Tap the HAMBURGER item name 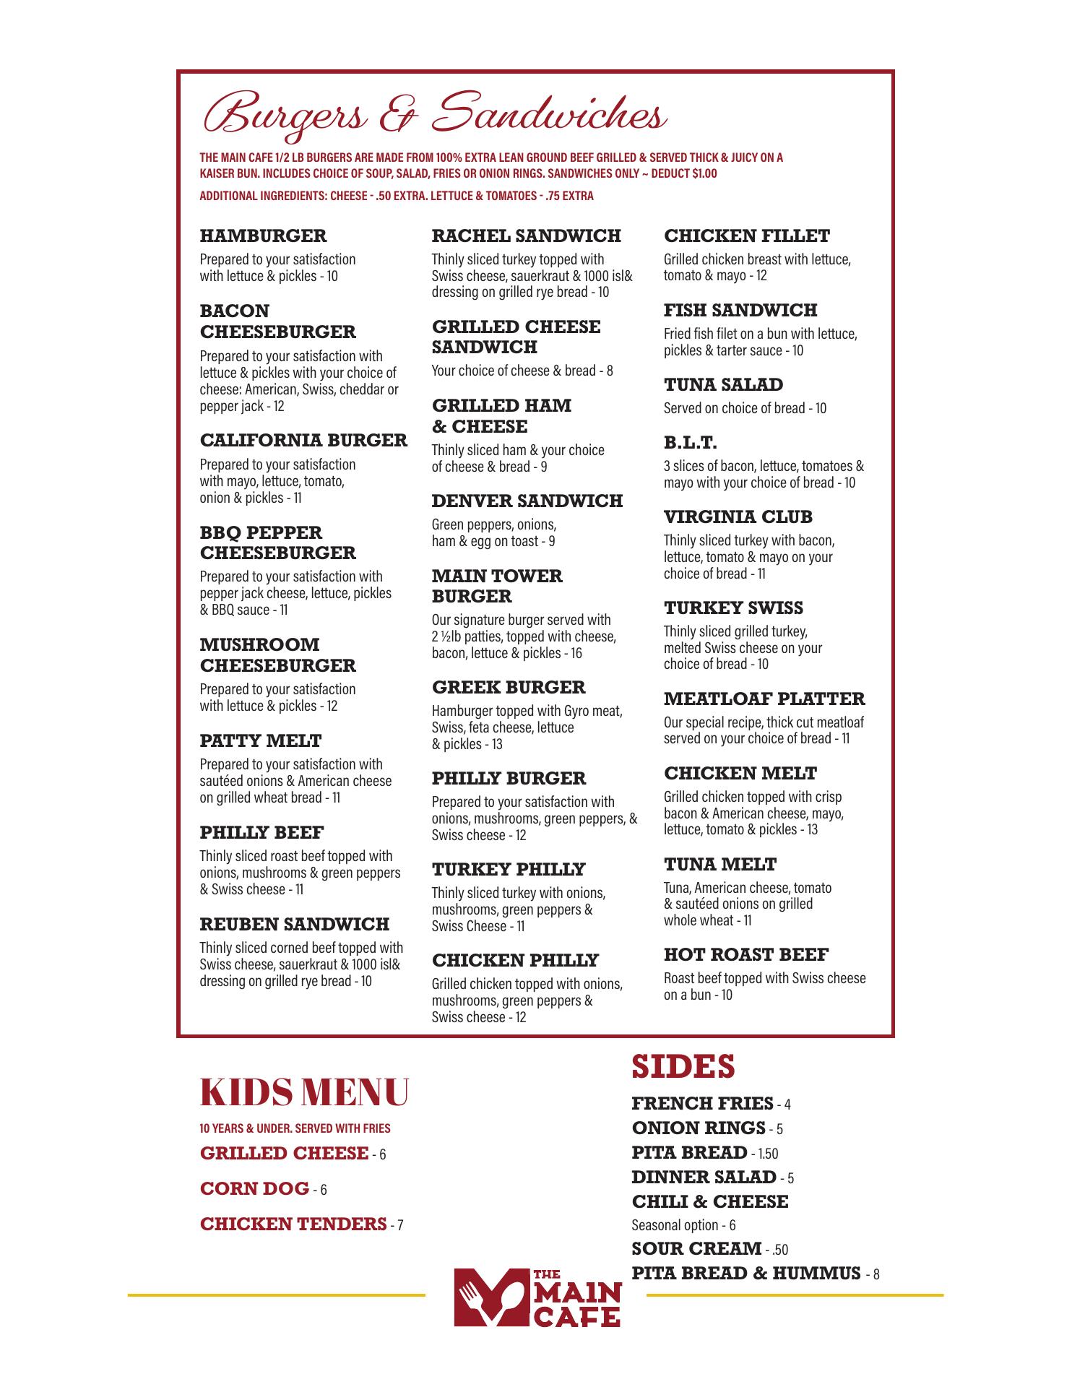pos(263,236)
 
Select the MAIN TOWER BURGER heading pos(496,586)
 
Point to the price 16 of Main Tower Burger pos(576,653)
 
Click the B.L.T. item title pos(690,442)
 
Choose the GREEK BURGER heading pos(509,687)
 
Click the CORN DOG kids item pos(254,1188)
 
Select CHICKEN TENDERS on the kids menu pos(293,1224)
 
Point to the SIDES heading pos(683,1066)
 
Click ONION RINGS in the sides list pos(698,1128)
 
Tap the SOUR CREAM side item pos(696,1248)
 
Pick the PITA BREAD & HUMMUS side pos(745,1273)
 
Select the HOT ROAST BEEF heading pos(745,954)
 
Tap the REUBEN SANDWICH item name pos(294,924)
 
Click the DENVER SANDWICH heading pos(527,501)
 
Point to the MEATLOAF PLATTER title pos(764,699)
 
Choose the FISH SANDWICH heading pos(740,310)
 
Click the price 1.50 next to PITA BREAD pos(766,1154)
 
